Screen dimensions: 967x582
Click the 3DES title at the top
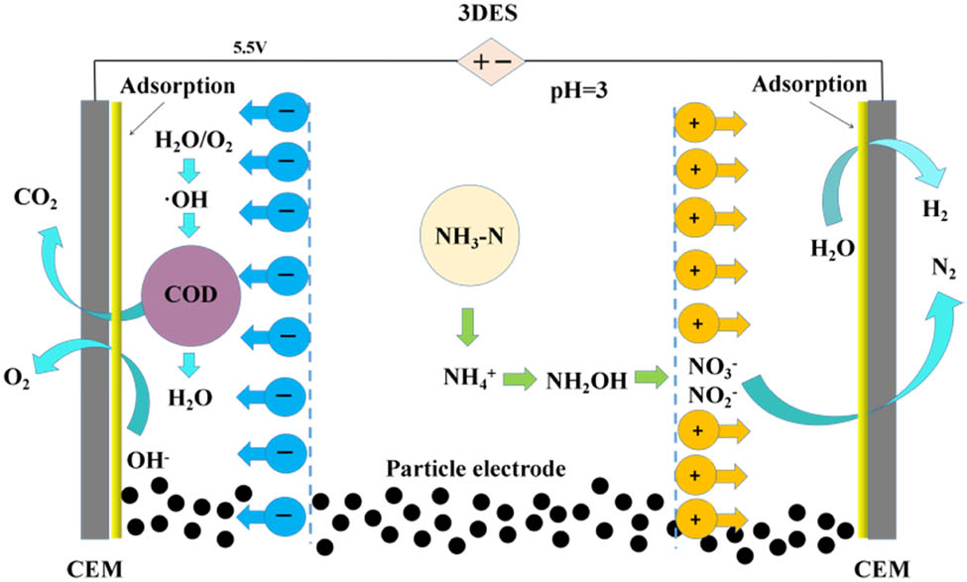point(487,13)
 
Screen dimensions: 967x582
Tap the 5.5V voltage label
point(249,49)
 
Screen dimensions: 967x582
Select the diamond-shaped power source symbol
point(491,61)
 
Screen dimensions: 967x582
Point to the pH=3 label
point(579,91)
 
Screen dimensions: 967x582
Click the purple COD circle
point(190,293)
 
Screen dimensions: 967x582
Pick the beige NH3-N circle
point(469,236)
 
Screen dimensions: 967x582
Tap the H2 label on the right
point(935,210)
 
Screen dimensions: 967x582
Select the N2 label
point(943,269)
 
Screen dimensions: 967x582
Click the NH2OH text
point(586,382)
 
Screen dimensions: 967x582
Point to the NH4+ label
point(470,376)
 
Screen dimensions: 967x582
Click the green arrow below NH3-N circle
point(467,327)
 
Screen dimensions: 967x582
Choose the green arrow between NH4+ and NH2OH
point(520,379)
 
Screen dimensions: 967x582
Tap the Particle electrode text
point(475,469)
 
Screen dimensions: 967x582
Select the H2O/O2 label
point(193,143)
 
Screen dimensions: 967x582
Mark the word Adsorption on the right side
point(809,84)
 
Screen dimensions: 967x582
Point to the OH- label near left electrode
point(148,460)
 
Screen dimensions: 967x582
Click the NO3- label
point(712,368)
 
